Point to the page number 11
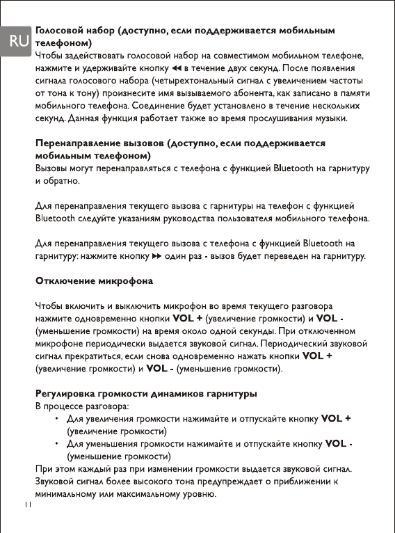click(27, 503)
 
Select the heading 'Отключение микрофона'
click(94, 281)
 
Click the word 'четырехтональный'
click(199, 81)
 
